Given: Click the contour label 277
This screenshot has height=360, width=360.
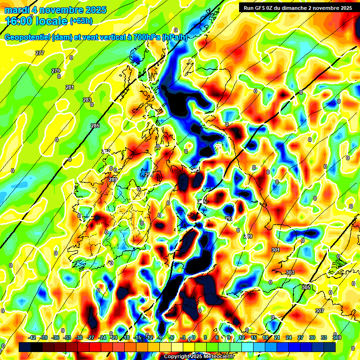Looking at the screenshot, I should coord(40,53).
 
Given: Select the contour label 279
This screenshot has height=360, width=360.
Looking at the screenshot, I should coord(56,71).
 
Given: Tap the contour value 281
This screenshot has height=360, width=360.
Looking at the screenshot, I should coord(70,88).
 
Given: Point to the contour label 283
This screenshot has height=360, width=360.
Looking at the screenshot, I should coord(87,100).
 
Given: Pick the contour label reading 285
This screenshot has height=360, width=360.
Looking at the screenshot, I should coord(95,126).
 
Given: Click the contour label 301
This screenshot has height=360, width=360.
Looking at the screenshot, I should coord(276,250).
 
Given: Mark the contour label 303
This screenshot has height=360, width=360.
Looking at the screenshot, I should coord(290,272).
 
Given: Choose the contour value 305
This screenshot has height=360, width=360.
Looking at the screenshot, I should coord(306,287).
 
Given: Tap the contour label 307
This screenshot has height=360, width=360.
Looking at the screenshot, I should coord(320,311).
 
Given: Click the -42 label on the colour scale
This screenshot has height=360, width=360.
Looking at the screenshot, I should coord(32,338).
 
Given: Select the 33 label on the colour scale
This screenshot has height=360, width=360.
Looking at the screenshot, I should coord(324,338).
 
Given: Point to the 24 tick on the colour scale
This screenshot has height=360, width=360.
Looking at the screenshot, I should coord(289,338).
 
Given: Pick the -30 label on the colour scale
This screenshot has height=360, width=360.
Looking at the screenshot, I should coord(79,338).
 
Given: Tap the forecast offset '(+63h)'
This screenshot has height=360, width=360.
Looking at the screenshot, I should coord(81,21).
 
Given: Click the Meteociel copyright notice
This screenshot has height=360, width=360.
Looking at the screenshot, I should coord(199,356).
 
